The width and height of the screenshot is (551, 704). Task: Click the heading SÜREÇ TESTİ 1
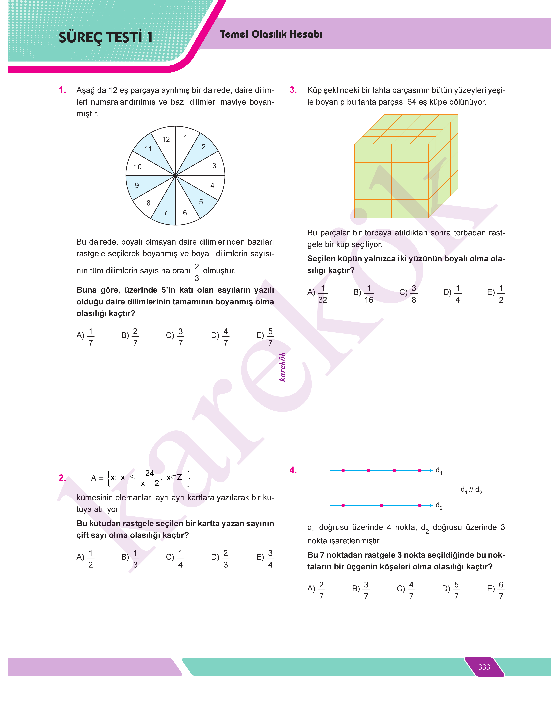106,37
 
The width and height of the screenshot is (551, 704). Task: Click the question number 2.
62,478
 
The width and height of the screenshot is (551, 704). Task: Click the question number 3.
293,90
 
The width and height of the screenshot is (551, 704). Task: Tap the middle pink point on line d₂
381,505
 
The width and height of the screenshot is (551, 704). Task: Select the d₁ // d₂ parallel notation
471,490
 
